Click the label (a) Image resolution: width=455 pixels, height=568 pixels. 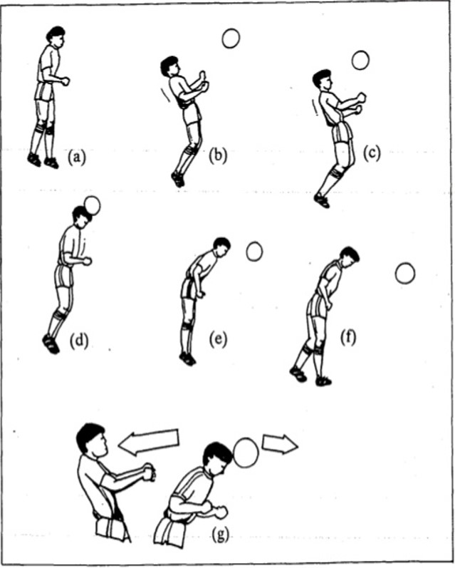click(77, 158)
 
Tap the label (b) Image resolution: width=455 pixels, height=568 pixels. click(218, 155)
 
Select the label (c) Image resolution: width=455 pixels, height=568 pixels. click(372, 153)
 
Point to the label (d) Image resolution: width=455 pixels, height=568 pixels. click(79, 340)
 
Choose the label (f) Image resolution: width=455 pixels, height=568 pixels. click(348, 337)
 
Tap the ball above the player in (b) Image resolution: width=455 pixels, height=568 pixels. click(231, 38)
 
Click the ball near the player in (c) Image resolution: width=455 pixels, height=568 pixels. click(360, 60)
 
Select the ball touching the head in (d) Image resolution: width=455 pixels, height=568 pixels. click(92, 206)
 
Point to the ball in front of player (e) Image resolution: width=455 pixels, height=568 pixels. click(254, 252)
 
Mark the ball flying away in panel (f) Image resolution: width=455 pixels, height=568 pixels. click(405, 274)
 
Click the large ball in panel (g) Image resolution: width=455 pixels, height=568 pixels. click(246, 453)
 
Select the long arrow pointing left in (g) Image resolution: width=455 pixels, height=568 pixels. click(149, 442)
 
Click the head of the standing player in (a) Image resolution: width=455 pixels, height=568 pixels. click(56, 36)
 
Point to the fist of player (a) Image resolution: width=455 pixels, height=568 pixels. click(66, 81)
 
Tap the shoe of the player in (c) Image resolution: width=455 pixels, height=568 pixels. click(322, 201)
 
